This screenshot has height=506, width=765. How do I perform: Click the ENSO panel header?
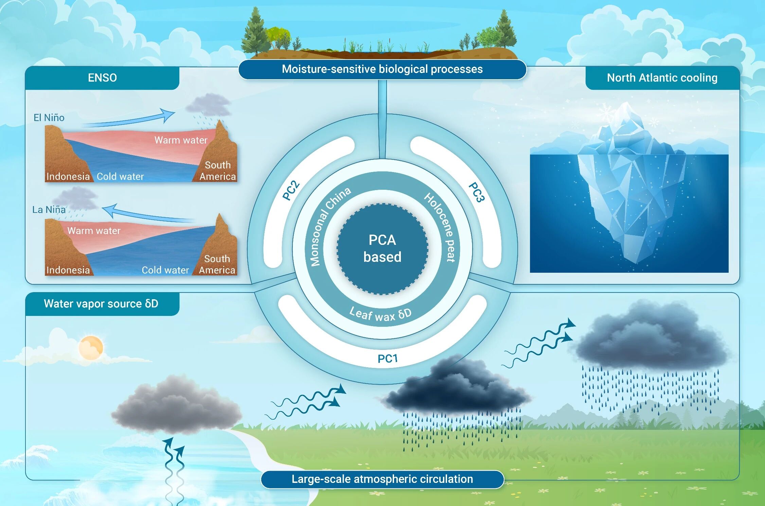tap(102, 78)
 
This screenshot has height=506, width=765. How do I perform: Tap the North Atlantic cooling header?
tap(662, 78)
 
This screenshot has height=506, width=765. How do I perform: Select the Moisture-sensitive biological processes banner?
tap(382, 69)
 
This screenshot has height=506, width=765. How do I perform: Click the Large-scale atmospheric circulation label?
tap(382, 479)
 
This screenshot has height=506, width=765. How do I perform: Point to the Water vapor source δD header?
tap(101, 304)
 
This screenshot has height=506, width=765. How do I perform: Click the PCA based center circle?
tap(382, 249)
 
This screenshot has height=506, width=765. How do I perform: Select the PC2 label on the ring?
tap(291, 191)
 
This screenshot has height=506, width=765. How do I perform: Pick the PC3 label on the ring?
tap(476, 192)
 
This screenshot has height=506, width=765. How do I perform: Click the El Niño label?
tap(49, 118)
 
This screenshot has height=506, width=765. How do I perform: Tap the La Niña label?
tap(49, 209)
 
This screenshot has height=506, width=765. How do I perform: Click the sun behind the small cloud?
tap(91, 347)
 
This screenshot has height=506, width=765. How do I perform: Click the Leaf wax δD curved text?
tap(380, 315)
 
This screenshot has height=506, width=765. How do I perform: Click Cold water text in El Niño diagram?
tap(120, 176)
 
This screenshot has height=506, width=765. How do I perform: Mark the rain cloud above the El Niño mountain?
tap(208, 105)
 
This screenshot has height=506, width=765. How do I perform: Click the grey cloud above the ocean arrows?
tap(177, 406)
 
